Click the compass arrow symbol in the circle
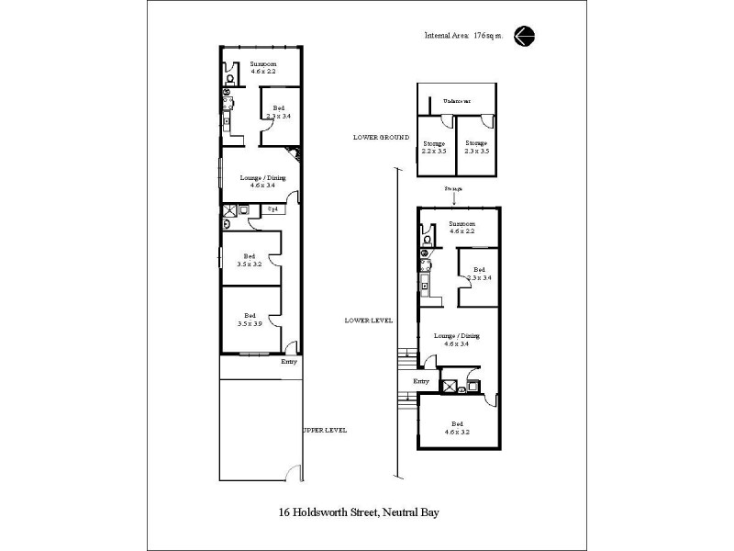click(525, 36)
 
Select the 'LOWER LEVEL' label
click(368, 320)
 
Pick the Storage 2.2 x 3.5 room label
click(434, 148)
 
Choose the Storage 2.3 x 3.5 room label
click(475, 148)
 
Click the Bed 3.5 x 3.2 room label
click(249, 260)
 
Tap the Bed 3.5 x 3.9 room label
click(249, 319)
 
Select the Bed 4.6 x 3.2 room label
click(458, 427)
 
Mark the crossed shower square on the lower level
click(450, 386)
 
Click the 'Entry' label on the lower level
click(421, 381)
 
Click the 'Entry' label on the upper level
click(289, 361)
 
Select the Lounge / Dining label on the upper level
click(263, 181)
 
